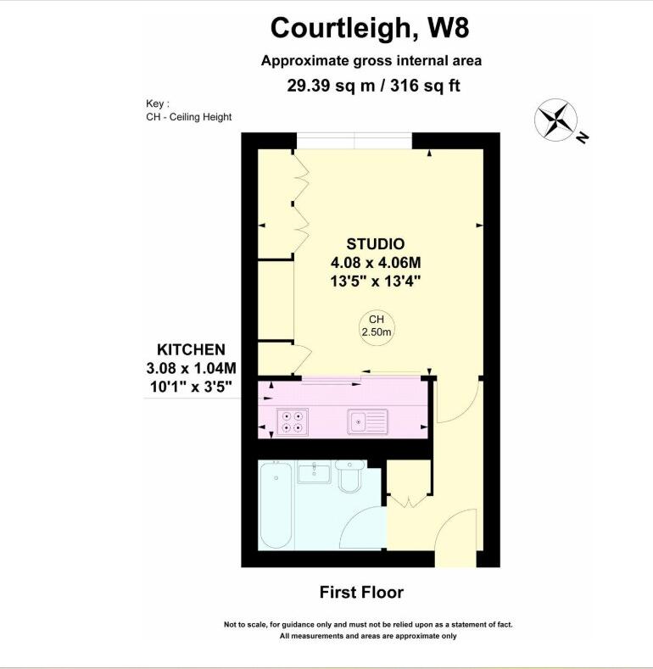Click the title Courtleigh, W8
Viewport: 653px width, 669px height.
click(369, 27)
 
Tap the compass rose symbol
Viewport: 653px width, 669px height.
click(556, 120)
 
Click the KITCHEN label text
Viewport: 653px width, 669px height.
click(191, 349)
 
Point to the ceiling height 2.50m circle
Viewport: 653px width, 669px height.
click(377, 326)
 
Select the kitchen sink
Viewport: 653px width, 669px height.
click(367, 419)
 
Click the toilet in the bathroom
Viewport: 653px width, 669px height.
click(349, 477)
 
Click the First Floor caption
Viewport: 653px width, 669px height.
click(361, 592)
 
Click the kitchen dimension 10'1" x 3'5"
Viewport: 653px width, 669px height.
click(190, 387)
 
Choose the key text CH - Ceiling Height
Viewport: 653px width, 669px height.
click(188, 117)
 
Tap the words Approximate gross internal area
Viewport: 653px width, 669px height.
click(371, 60)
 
